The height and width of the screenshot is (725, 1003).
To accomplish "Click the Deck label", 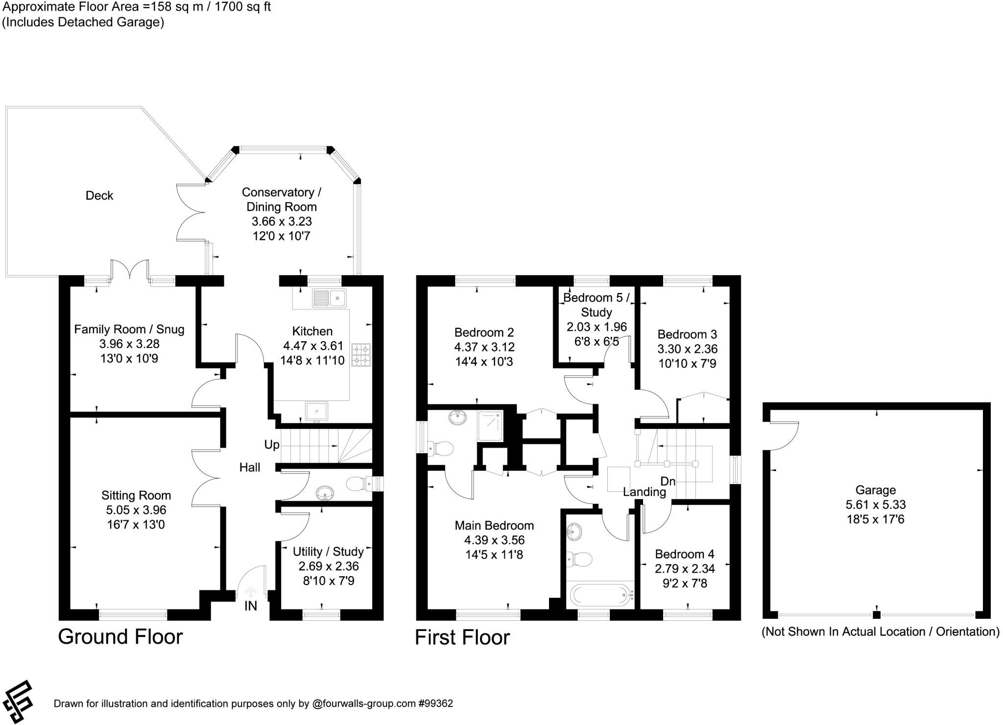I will coord(99,196).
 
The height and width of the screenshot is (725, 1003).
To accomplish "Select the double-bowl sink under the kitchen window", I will coord(329,298).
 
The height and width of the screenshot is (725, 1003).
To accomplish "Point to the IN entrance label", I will coord(250,606).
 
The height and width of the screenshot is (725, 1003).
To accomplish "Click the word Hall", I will coord(249,468).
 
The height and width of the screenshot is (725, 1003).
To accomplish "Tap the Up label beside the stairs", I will coord(271,444).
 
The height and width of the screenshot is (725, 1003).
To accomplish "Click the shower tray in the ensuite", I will coord(490,424).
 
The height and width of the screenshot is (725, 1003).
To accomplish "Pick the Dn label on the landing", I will coord(668,481).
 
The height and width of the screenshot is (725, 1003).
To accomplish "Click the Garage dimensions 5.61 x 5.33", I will coord(876,504).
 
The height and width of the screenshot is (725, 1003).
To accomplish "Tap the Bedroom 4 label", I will coord(684,554).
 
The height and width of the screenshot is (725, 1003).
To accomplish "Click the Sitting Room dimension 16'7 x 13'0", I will coord(136,525).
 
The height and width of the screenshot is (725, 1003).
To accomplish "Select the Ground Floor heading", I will coord(120,637).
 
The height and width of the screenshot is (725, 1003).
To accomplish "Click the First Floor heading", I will coord(462,638).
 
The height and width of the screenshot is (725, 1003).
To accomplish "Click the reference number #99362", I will coord(435,704).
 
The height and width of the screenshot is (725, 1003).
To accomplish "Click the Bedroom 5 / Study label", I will coord(596,304).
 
